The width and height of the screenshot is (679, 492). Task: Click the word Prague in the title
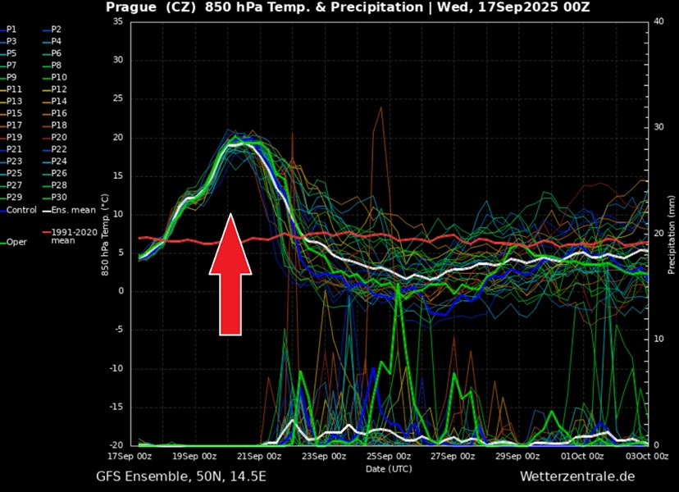(x=132, y=7)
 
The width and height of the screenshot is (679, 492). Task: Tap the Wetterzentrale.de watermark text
(x=577, y=476)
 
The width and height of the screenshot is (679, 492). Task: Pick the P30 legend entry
(x=59, y=197)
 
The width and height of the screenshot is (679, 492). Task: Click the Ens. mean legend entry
(x=67, y=210)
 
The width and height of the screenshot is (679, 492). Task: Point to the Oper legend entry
(x=16, y=242)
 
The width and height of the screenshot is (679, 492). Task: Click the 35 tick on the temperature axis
(x=117, y=21)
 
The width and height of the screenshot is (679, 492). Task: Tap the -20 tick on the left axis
(x=115, y=445)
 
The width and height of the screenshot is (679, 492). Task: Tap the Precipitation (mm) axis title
(x=672, y=234)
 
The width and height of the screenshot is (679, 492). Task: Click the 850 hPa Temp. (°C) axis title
(x=105, y=234)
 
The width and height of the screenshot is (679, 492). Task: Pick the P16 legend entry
(x=59, y=113)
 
